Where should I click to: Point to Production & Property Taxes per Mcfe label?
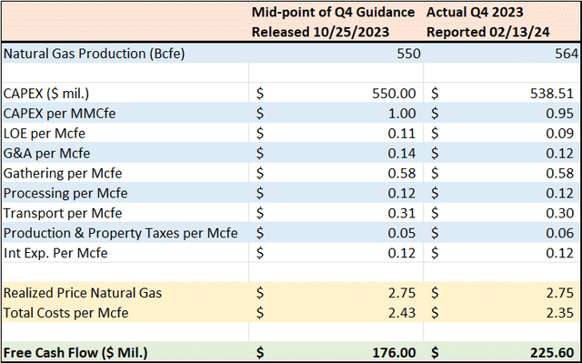(121, 232)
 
